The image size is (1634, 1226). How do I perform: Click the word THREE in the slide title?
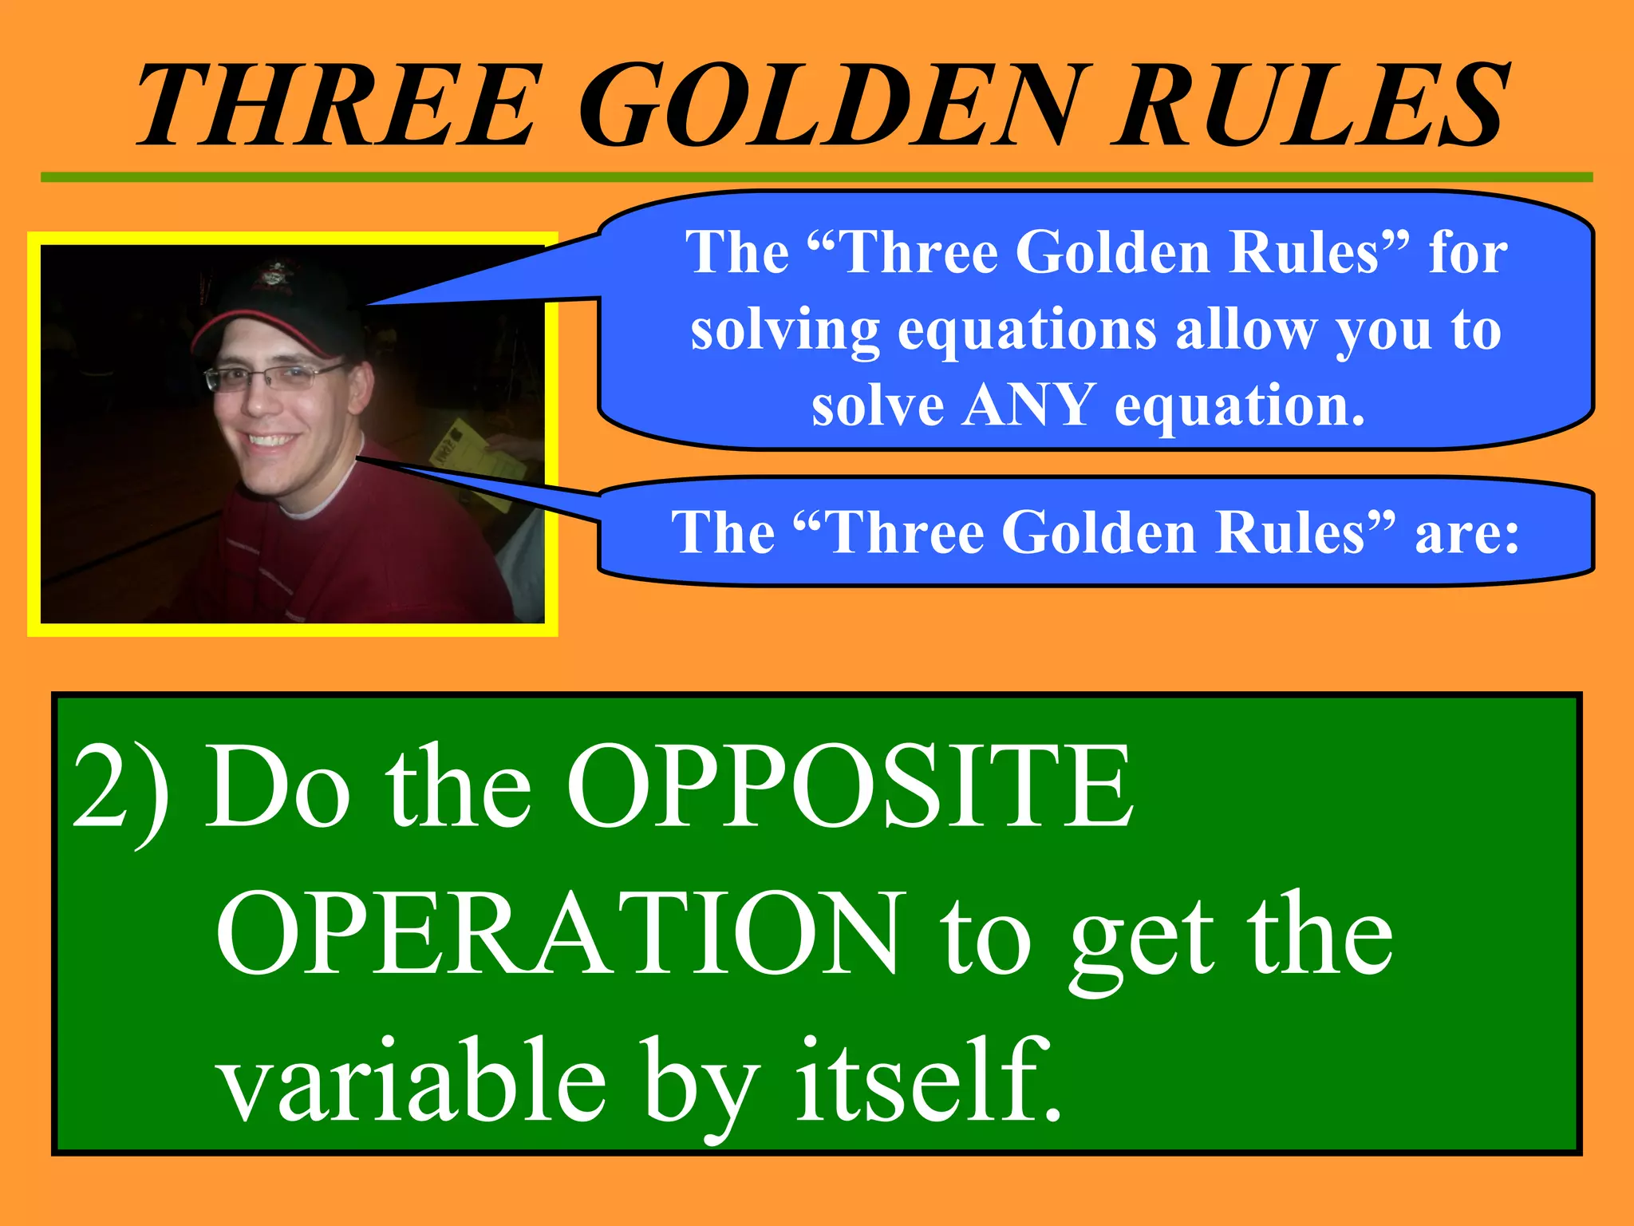tap(335, 105)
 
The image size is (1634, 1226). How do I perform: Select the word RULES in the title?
tap(1308, 105)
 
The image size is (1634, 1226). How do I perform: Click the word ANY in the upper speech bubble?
tap(1028, 405)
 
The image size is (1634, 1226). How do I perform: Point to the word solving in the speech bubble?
tap(785, 330)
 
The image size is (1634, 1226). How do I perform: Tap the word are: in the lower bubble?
tap(1466, 532)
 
